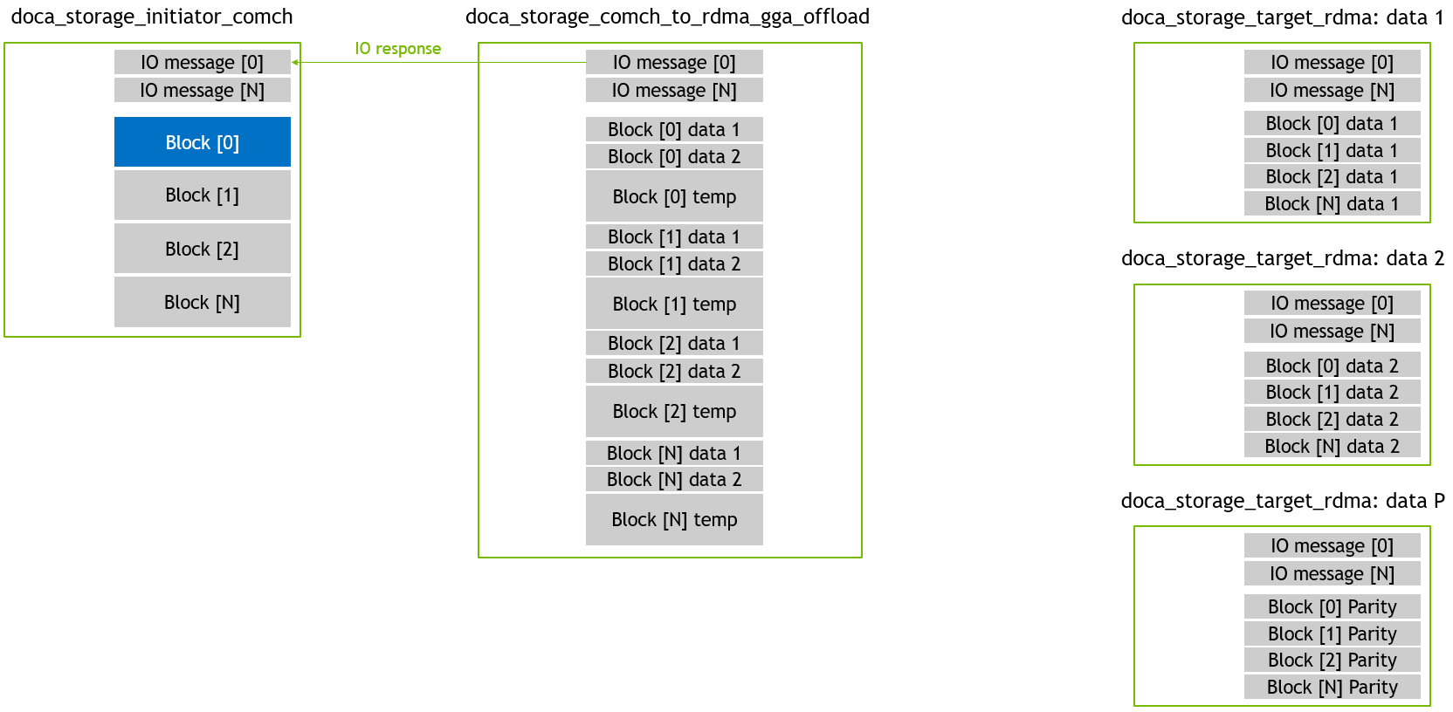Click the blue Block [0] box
(203, 142)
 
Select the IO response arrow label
(397, 49)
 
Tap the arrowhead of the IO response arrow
(295, 62)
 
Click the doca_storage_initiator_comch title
(152, 17)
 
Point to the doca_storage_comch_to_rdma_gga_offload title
(667, 17)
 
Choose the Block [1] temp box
(674, 304)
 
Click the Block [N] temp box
(674, 519)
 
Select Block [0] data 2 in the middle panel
(674, 156)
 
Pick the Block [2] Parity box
(1332, 661)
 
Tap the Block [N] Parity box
(1332, 687)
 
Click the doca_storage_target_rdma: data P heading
(1283, 501)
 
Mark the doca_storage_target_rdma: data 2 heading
(1283, 258)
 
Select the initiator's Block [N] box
(203, 302)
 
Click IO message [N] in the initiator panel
(203, 90)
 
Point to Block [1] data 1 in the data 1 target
(1332, 150)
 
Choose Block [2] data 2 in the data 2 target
(1332, 419)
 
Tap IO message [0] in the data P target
(1332, 545)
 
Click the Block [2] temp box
(674, 411)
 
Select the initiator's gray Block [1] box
(203, 195)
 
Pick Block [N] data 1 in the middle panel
(674, 453)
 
